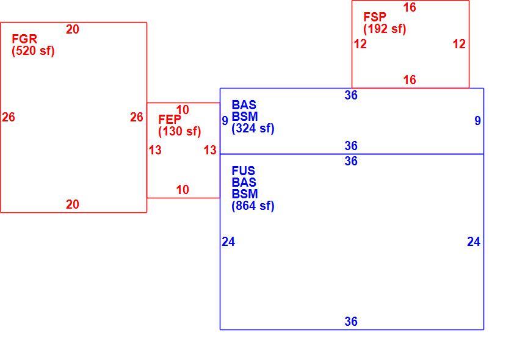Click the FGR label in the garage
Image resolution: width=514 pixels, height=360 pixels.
tap(24, 39)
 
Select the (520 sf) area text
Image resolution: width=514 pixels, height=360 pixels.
tap(33, 51)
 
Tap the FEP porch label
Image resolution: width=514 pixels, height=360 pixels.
tap(170, 119)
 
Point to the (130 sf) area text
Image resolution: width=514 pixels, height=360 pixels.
tap(179, 131)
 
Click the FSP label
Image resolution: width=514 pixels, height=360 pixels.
tap(375, 16)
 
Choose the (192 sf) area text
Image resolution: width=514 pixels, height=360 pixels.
tap(385, 29)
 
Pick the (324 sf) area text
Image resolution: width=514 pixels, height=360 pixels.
tap(253, 128)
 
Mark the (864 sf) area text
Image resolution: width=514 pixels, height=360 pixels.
tap(253, 206)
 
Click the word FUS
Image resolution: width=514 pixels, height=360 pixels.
tap(243, 171)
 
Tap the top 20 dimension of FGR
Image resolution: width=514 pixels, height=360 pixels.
tap(73, 29)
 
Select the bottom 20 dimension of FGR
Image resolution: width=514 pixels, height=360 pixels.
tap(73, 204)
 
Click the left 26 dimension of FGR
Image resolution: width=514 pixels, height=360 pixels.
tap(8, 117)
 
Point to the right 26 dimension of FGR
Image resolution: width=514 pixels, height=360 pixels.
tap(137, 117)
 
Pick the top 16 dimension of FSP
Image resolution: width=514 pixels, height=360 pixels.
tap(410, 7)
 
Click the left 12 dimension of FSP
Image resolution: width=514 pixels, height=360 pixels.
tap(360, 44)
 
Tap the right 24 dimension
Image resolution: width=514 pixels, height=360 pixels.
tap(474, 242)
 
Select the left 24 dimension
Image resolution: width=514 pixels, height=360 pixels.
tap(228, 242)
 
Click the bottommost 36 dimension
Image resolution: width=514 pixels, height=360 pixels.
tap(351, 322)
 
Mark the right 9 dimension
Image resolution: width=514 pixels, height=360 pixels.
tap(477, 121)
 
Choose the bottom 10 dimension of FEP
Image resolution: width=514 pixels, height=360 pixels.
tap(183, 190)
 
